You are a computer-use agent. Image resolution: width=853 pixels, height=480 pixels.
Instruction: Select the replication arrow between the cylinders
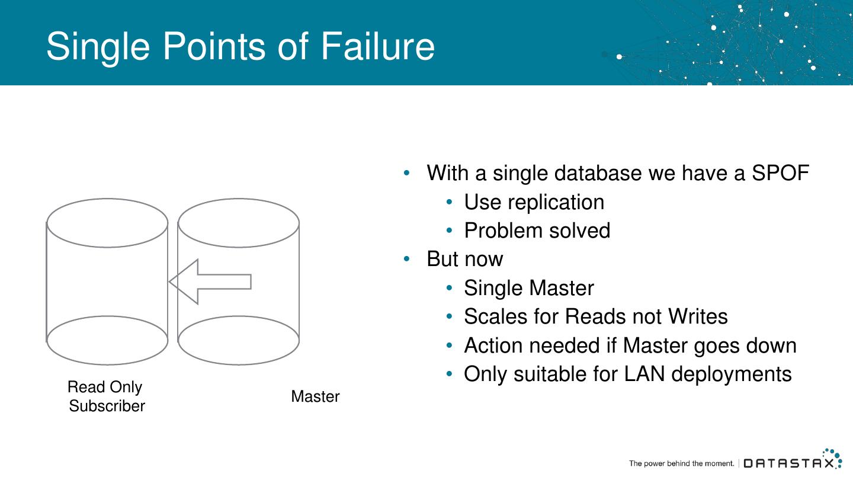click(x=210, y=281)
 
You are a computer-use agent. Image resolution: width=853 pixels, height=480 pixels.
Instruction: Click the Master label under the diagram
click(x=315, y=396)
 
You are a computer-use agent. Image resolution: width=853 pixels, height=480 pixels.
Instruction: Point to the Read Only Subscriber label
click(x=106, y=396)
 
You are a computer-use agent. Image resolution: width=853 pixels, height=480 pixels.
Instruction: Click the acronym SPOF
click(x=780, y=173)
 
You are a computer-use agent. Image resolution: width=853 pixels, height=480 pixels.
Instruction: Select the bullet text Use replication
click(x=534, y=202)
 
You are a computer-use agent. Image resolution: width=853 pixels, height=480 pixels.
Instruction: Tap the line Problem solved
click(x=537, y=231)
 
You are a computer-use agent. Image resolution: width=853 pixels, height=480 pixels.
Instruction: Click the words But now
click(x=464, y=259)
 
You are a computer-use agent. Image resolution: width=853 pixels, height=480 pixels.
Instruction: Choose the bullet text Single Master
click(x=528, y=288)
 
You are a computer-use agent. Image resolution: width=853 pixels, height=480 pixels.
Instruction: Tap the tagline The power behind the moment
click(x=681, y=463)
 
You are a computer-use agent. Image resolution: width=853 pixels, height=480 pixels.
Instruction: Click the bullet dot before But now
click(x=406, y=259)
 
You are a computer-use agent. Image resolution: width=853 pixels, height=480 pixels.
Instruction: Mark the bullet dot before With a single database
click(x=406, y=173)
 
